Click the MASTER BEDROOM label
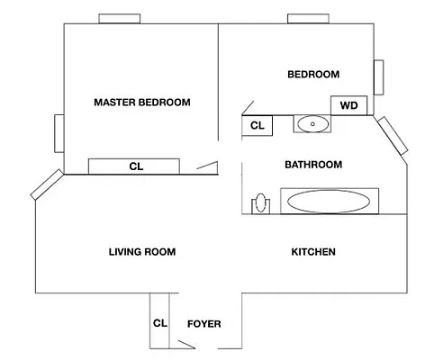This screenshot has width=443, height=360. click(142, 103)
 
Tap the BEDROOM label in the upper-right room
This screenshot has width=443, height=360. click(313, 75)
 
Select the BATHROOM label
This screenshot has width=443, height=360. click(313, 165)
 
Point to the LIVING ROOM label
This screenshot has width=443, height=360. click(142, 252)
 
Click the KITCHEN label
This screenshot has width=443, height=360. click(313, 252)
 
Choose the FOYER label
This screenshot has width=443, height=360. click(204, 324)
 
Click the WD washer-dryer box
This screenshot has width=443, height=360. click(348, 105)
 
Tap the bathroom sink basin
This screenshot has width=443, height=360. click(312, 124)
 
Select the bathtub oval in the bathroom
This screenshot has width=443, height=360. click(329, 202)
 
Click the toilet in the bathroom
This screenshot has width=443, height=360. click(260, 203)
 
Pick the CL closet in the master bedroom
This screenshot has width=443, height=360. click(134, 166)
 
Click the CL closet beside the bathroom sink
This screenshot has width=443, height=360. click(258, 125)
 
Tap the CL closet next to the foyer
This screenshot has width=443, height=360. click(159, 321)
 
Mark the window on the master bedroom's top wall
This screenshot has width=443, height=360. click(120, 19)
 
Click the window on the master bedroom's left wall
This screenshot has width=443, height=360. click(59, 133)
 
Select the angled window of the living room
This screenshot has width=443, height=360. click(47, 184)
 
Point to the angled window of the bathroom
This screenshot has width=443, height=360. click(393, 136)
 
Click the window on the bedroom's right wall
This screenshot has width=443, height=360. click(378, 77)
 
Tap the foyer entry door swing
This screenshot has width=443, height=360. click(186, 345)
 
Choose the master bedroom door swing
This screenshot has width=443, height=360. click(207, 167)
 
